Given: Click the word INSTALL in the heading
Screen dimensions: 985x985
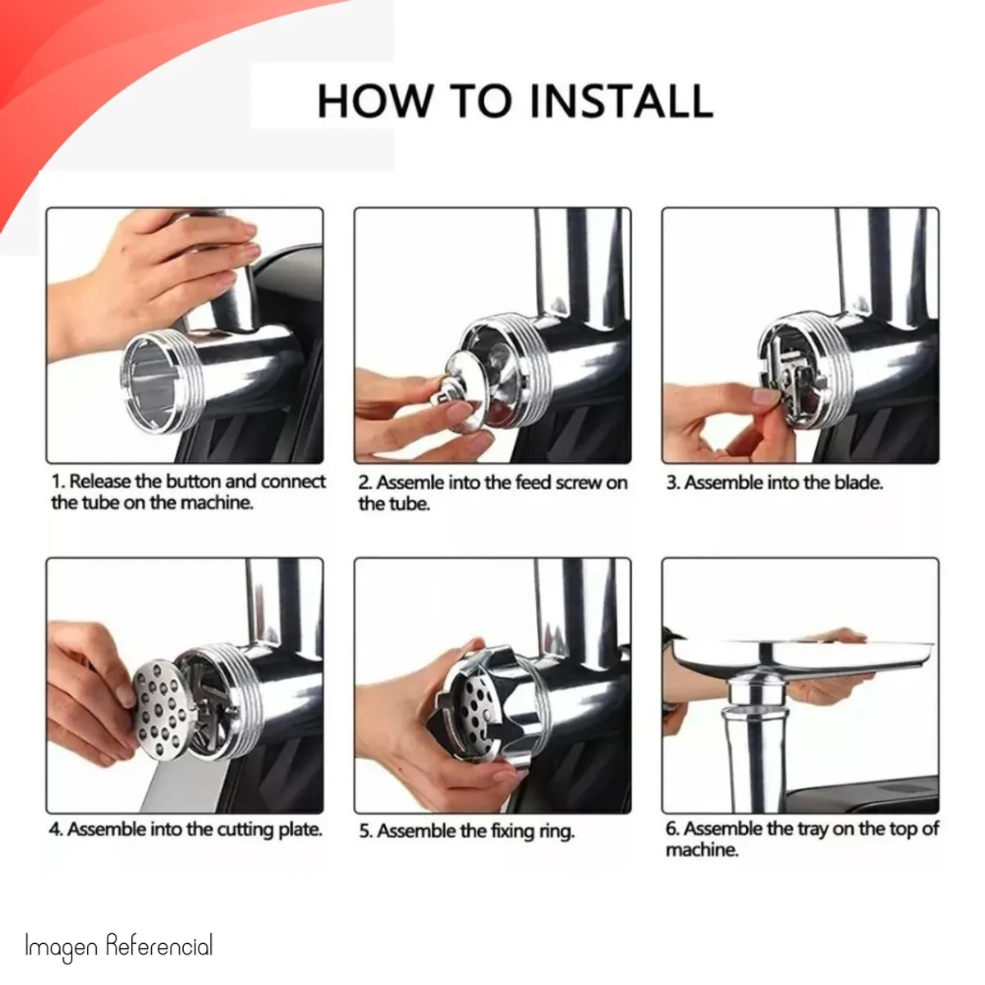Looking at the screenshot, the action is (621, 101).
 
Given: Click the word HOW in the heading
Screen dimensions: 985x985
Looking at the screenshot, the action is (373, 101).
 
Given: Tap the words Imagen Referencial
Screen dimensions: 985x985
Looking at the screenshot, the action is (118, 945).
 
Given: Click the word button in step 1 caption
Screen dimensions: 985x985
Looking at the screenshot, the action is (193, 482).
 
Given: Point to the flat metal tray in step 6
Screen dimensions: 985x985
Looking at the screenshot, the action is (803, 656).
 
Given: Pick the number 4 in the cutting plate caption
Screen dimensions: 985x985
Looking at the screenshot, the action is (55, 830).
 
